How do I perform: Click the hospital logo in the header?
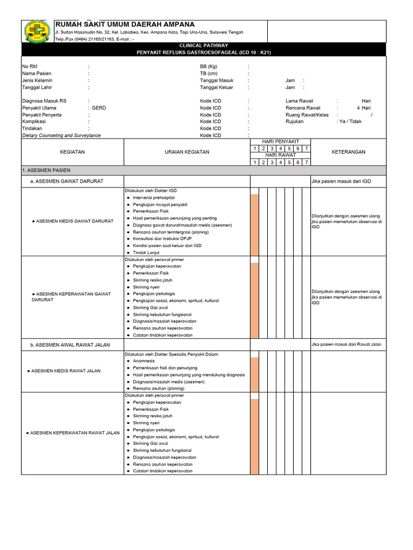(37, 31)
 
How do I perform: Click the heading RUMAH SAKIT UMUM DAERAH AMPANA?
(125, 25)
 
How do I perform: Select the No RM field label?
(30, 66)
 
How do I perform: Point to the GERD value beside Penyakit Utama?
(99, 108)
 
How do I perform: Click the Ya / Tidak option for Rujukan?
(351, 121)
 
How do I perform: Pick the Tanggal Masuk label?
(217, 80)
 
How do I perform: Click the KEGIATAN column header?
(72, 152)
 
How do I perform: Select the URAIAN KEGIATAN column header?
(187, 152)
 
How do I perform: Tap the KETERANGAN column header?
(348, 152)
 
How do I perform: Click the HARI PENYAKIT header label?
(280, 141)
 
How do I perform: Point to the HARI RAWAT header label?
(280, 155)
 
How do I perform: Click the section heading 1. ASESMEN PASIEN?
(46, 170)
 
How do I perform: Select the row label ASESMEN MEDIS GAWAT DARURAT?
(72, 221)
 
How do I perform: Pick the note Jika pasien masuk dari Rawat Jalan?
(346, 344)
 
